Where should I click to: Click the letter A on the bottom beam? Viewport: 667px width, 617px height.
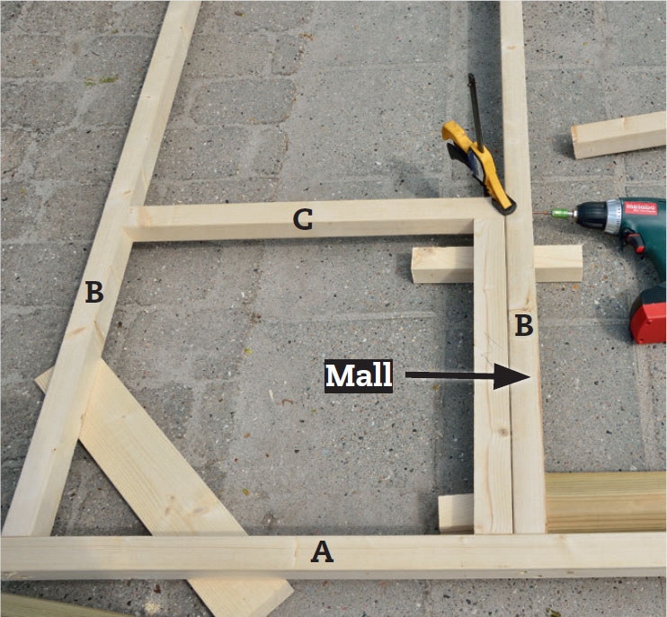click(x=322, y=552)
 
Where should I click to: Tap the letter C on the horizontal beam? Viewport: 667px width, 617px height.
click(x=303, y=219)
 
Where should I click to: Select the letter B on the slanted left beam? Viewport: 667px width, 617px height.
click(x=94, y=293)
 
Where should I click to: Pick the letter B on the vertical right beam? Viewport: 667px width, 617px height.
click(x=524, y=325)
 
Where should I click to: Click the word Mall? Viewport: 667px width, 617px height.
click(x=358, y=376)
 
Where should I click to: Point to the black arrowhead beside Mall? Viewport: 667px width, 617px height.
click(x=511, y=376)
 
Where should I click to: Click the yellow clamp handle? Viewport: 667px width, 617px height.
click(x=476, y=162)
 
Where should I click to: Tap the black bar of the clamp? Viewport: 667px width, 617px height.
click(x=476, y=111)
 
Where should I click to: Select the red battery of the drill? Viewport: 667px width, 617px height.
click(x=649, y=315)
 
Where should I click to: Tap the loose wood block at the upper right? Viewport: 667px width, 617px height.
click(x=618, y=135)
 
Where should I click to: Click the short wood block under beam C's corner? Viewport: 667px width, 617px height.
click(x=496, y=263)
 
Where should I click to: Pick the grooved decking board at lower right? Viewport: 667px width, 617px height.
click(x=606, y=502)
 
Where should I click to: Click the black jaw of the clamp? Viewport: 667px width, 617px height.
click(x=505, y=207)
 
